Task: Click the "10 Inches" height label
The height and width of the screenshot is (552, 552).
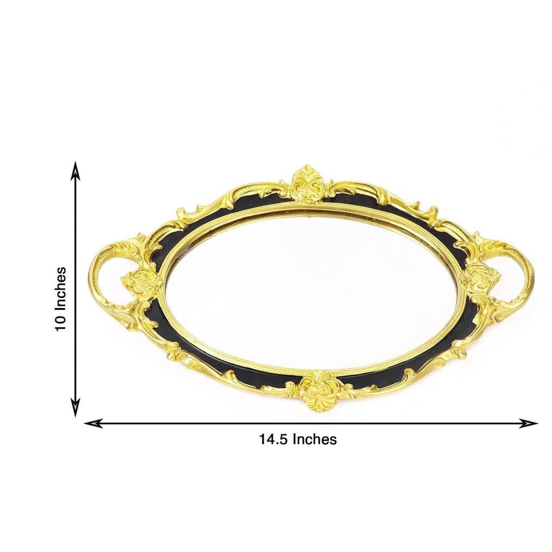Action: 61,299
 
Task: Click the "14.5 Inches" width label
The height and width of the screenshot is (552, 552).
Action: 298,439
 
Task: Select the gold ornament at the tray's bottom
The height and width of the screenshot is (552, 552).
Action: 319,391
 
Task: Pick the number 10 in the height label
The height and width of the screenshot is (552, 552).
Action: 61,322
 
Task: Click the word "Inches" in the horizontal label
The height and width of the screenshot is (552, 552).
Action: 314,439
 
